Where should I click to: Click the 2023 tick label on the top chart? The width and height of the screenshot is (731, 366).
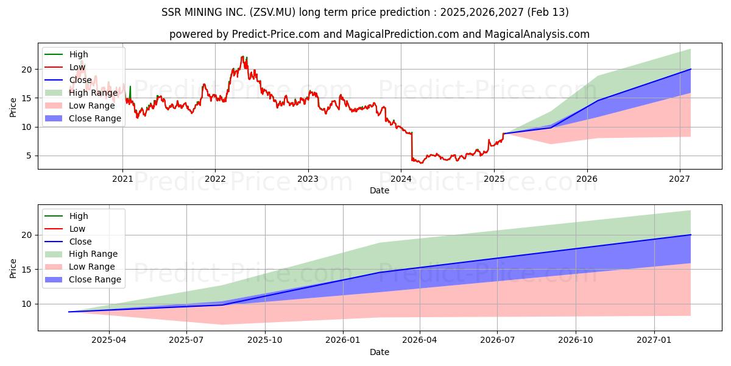coord(308,179)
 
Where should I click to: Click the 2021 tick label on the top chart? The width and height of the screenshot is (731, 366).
coord(122,179)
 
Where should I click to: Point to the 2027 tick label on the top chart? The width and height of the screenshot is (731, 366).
coord(680,179)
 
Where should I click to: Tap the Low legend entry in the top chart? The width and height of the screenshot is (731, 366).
coord(77,67)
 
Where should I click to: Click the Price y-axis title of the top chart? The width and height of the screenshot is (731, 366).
coord(13,107)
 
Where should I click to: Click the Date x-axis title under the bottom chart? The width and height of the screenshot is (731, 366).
coord(379,352)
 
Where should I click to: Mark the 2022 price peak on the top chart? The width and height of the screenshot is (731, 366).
coord(243,57)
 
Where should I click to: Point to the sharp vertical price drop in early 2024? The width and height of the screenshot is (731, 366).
coord(412,146)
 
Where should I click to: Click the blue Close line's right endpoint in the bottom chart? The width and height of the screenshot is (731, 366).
coord(691,235)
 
